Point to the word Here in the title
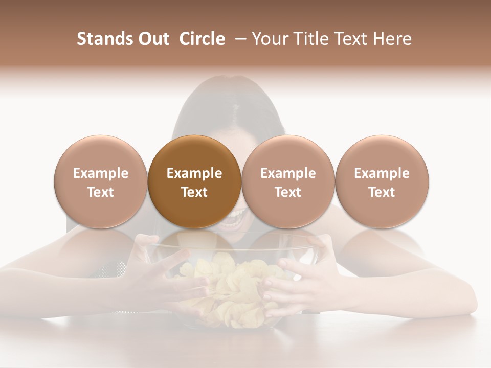(392, 39)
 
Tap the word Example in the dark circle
(194, 174)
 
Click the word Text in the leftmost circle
(101, 192)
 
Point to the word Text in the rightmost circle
(382, 192)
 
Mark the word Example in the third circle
(288, 174)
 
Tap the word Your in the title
(270, 39)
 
